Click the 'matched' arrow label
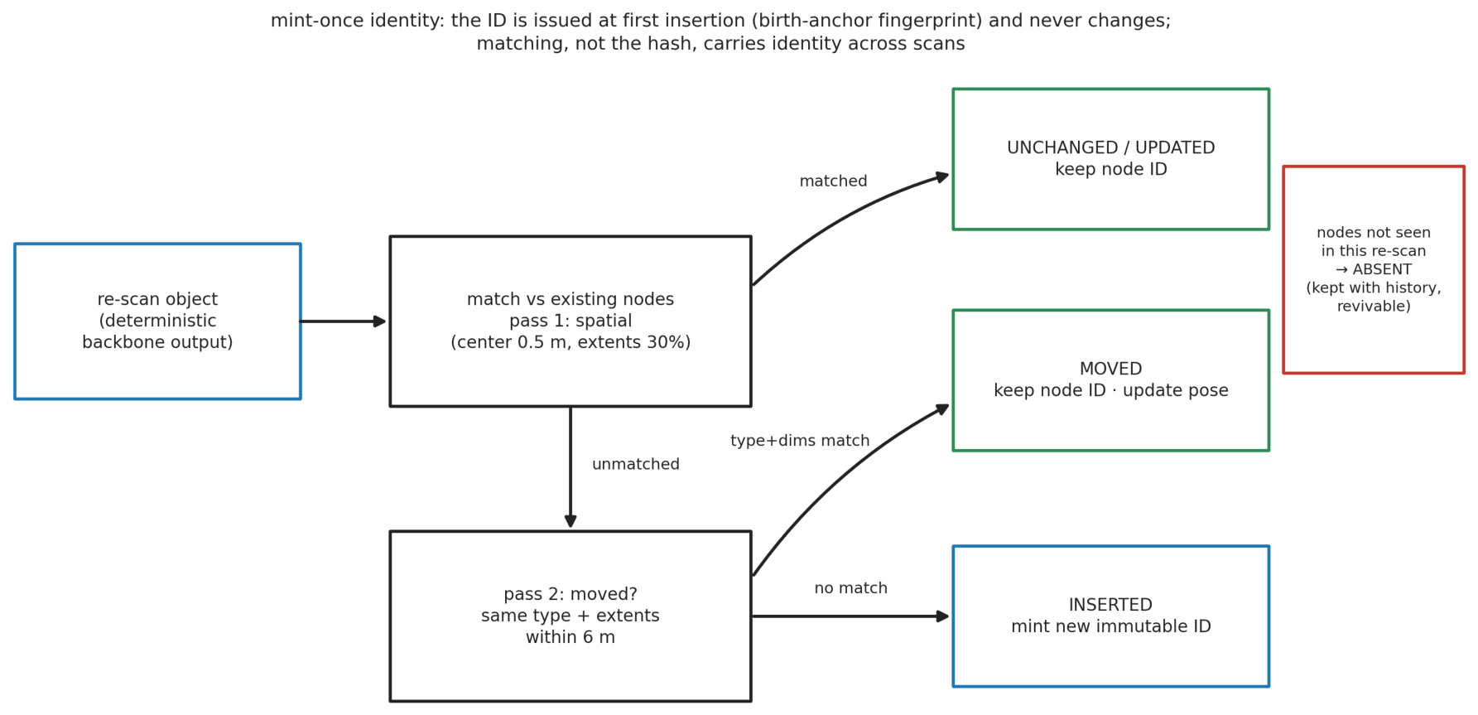point(833,181)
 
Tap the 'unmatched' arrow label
point(636,465)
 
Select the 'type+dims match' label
point(800,441)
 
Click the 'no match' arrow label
point(850,588)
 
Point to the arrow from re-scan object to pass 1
point(343,321)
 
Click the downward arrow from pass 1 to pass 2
point(570,467)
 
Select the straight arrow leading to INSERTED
point(850,616)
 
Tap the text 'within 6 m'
point(570,638)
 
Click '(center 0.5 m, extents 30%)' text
point(570,343)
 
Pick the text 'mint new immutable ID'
point(1110,627)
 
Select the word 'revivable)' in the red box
point(1374,307)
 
